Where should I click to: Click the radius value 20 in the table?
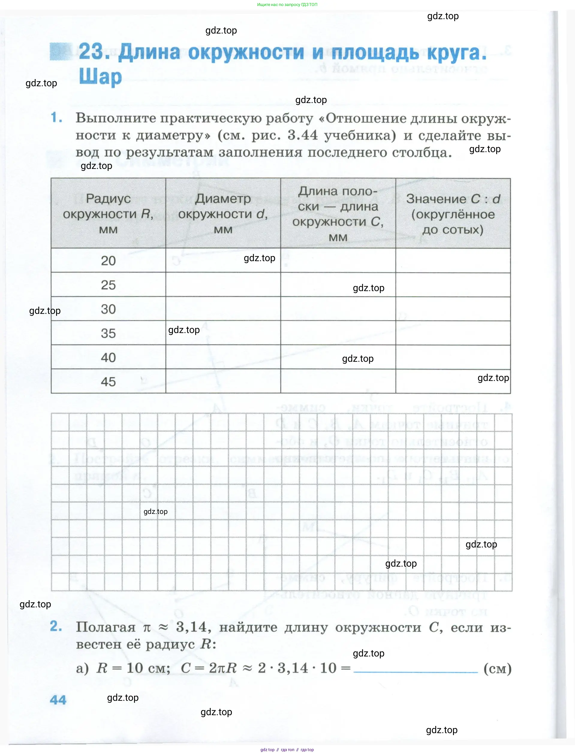point(108,261)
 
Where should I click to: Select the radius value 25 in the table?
point(108,285)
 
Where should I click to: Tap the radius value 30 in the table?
point(108,309)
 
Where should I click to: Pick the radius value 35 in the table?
point(108,333)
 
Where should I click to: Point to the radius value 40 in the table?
point(108,358)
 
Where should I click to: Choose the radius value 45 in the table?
point(108,382)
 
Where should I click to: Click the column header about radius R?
point(108,214)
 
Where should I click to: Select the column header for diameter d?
point(223,214)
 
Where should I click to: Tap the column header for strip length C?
point(338,214)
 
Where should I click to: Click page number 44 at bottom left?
point(58,700)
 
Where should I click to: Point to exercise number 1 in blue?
point(56,118)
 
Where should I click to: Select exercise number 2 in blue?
point(56,627)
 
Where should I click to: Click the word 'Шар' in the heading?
point(100,77)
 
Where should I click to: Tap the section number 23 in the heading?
point(91,52)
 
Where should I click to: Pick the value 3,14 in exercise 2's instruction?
point(191,627)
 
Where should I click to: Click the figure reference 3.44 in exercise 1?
point(302,135)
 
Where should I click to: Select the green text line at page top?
point(287,4)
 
